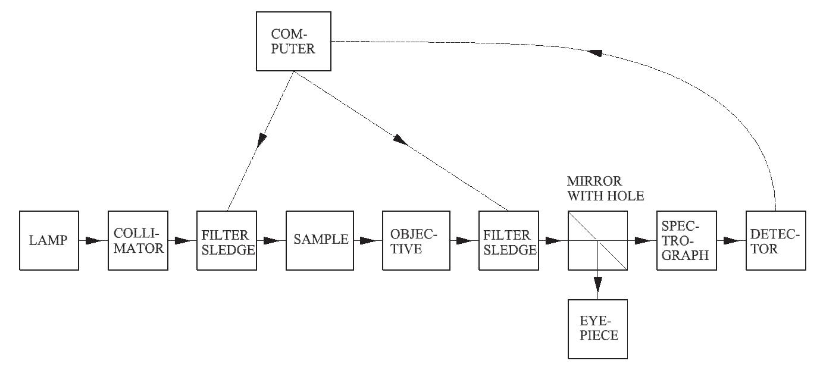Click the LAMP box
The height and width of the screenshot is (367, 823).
click(x=49, y=240)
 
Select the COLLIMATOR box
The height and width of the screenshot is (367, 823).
click(x=138, y=240)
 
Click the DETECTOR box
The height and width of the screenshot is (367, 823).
click(x=775, y=240)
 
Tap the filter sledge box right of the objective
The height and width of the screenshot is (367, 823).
click(x=508, y=240)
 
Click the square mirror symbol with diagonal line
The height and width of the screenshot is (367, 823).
click(x=597, y=240)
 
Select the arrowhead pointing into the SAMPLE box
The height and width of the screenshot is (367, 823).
click(x=273, y=241)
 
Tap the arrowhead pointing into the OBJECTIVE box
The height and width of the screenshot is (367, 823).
click(x=369, y=241)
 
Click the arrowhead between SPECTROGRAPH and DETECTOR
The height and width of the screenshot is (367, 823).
click(x=731, y=241)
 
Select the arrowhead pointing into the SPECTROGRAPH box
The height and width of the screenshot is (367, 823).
click(x=643, y=241)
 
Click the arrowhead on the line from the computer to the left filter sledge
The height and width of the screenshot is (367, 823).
click(x=261, y=141)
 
